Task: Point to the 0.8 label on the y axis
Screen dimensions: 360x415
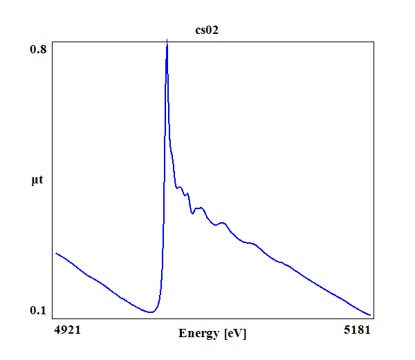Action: tap(38, 49)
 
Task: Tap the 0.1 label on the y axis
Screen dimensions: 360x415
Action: tap(38, 310)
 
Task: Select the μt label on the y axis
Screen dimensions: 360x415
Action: tap(37, 181)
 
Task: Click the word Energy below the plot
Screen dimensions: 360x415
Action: tap(199, 334)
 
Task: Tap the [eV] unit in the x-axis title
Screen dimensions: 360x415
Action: tap(235, 334)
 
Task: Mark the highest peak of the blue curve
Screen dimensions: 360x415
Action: tap(167, 44)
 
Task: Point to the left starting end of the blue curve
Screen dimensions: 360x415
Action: tap(55, 253)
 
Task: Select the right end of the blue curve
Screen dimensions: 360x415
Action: tap(371, 315)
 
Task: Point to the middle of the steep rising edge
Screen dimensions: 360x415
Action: tap(163, 208)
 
